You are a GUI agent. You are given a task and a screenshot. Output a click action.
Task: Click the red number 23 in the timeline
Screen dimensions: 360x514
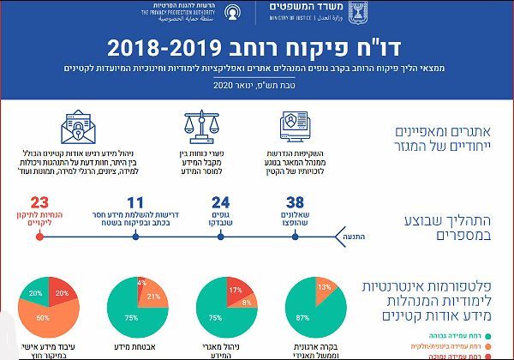[x=39, y=203]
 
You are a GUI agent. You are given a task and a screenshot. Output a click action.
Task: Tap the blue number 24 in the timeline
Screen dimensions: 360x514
[x=220, y=203]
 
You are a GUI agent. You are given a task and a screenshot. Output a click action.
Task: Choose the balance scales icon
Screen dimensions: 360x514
[x=203, y=127]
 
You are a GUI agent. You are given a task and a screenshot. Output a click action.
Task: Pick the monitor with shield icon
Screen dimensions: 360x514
[x=296, y=127]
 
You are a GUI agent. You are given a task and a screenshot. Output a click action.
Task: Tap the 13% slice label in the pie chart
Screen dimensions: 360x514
[x=323, y=287]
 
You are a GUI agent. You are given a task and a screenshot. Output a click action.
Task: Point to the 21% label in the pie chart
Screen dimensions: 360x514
[x=155, y=297]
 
